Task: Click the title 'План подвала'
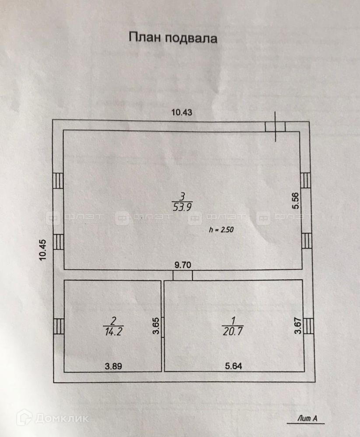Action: click(173, 38)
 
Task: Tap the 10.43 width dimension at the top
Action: click(182, 112)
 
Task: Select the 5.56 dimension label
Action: click(296, 201)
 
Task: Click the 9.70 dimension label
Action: click(182, 265)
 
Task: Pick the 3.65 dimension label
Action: click(155, 326)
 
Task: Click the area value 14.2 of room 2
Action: click(113, 331)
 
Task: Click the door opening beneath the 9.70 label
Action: click(182, 275)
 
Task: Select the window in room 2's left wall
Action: click(59, 326)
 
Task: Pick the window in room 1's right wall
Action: click(308, 326)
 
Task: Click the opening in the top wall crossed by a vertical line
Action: click(276, 127)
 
